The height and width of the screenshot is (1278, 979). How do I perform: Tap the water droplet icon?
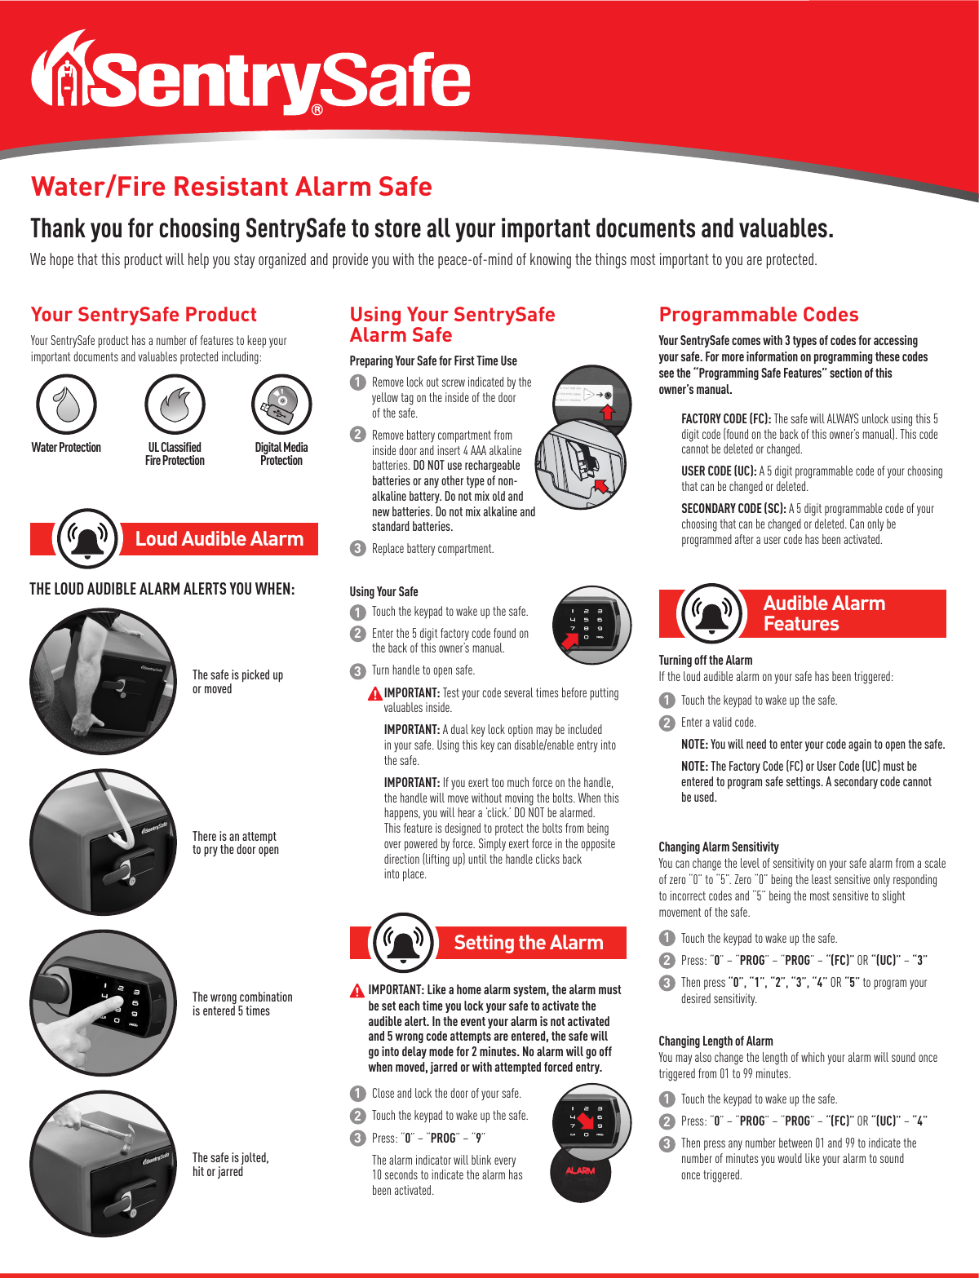click(x=66, y=405)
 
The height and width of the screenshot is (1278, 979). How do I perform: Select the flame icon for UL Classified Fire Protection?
click(x=175, y=405)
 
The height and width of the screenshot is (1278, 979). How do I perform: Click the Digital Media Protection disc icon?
click(x=281, y=405)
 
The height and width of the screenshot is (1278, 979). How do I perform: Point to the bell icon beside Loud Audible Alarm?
click(x=87, y=538)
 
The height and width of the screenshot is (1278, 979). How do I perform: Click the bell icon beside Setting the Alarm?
click(x=403, y=942)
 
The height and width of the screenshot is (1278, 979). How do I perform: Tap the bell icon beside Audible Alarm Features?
click(x=711, y=613)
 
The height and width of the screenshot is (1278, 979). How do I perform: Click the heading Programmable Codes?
click(x=759, y=315)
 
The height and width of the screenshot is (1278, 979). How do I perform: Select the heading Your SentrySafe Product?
click(x=144, y=315)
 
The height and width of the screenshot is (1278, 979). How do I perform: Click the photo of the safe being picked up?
click(x=103, y=681)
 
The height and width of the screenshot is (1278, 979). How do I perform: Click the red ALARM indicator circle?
click(x=580, y=1171)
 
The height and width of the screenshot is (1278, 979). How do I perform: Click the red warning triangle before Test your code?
click(x=374, y=694)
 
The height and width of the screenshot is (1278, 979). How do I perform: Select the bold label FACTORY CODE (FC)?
click(x=726, y=418)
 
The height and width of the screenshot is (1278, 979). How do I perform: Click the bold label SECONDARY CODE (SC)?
click(x=733, y=508)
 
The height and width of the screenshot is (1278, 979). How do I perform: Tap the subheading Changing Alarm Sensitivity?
click(x=719, y=847)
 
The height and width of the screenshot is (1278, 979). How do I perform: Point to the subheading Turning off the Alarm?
click(x=706, y=660)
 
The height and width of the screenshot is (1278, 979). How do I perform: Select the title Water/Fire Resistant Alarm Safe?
click(x=231, y=187)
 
